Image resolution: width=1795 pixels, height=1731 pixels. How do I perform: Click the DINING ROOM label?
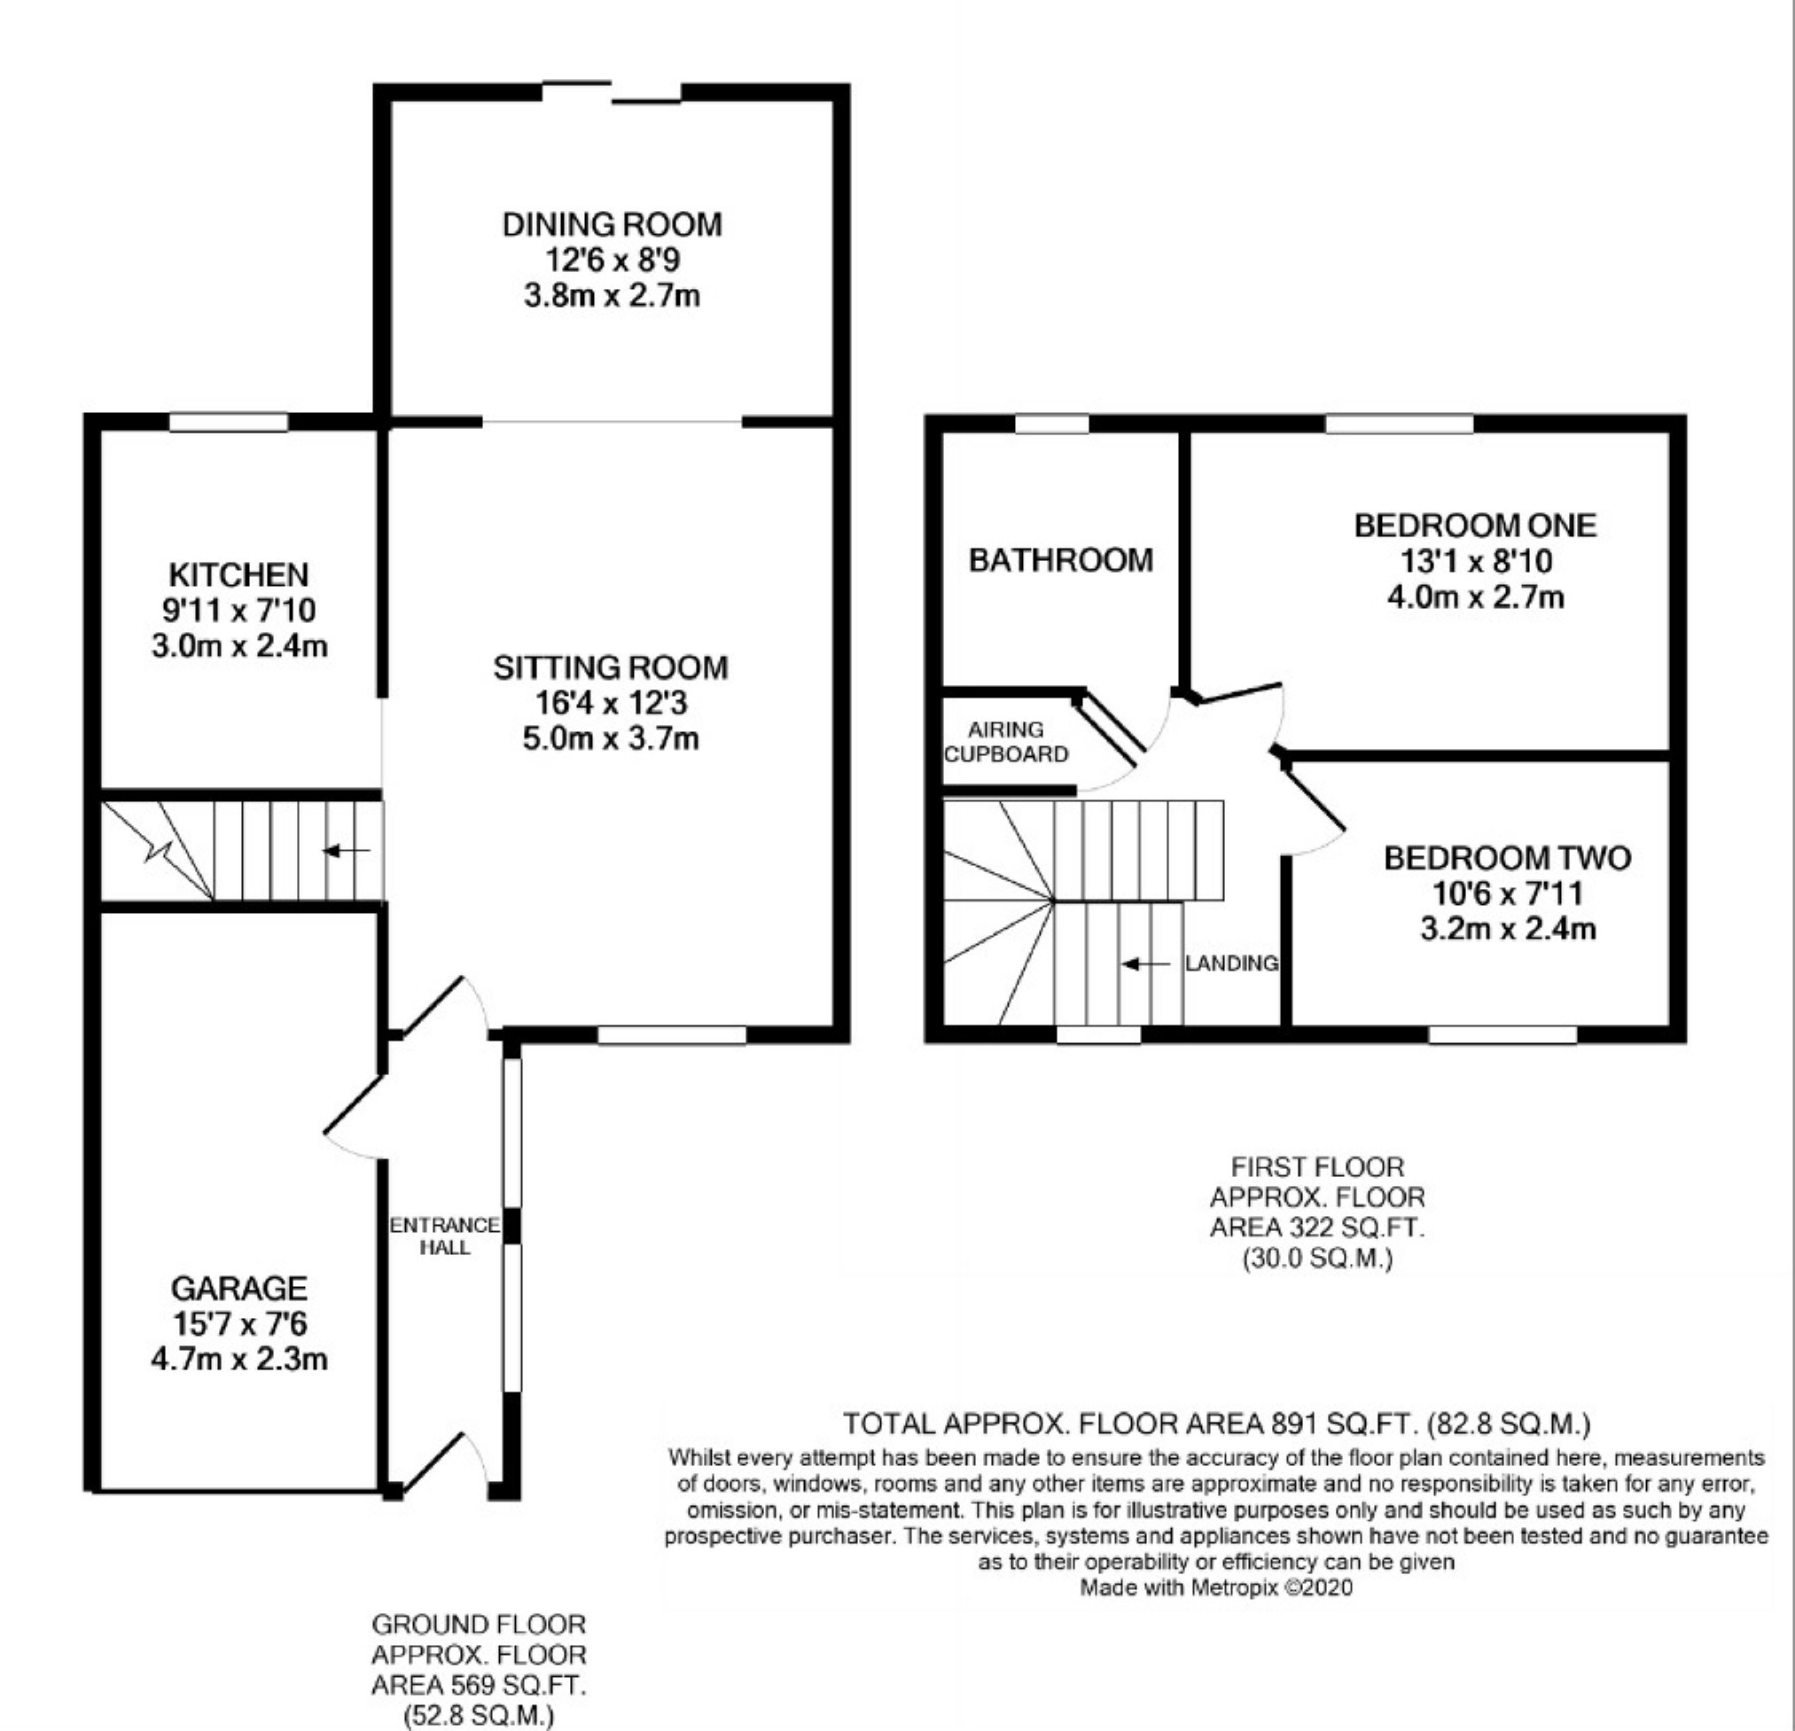(612, 224)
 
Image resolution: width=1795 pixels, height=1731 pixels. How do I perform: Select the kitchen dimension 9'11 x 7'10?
(239, 610)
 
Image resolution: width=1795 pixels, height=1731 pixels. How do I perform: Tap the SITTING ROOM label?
(610, 667)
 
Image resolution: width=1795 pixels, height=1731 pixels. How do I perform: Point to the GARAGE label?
(239, 1289)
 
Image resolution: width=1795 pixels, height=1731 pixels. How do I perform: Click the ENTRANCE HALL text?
(445, 1236)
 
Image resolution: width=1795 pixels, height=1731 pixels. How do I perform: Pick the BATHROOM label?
(1060, 559)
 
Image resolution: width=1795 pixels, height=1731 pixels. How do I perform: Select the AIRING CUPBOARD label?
(1005, 742)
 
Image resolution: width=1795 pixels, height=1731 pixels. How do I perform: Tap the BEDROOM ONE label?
(1474, 526)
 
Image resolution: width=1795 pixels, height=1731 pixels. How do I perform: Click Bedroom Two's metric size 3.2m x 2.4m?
(1508, 930)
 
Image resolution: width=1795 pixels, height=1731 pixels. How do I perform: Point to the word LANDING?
(1231, 963)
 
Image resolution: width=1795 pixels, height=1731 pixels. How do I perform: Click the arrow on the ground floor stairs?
(347, 851)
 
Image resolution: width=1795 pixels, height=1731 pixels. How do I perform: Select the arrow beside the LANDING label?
(1145, 964)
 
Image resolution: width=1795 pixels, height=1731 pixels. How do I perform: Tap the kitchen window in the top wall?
(229, 422)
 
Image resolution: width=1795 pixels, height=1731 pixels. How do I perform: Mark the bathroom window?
(1052, 424)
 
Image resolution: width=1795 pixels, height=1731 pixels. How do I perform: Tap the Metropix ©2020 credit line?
(1215, 1587)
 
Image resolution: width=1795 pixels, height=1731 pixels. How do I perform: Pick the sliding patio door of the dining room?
(612, 92)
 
